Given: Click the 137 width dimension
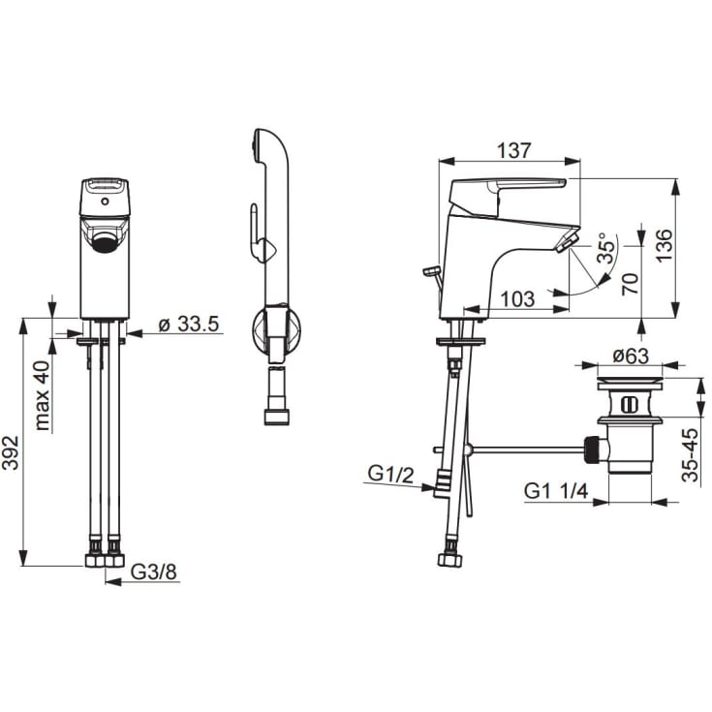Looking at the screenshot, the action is (513, 150).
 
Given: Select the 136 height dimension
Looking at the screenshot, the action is (664, 245).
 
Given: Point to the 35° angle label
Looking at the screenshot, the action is (606, 248).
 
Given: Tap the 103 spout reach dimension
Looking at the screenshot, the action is (517, 298).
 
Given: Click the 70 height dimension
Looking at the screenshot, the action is (631, 284).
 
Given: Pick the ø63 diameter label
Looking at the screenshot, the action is (631, 356).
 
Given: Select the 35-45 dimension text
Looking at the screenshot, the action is (690, 454).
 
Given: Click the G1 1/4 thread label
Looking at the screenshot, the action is (556, 491).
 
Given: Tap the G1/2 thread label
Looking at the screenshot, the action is (390, 475).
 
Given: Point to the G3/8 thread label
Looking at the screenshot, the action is (153, 572).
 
